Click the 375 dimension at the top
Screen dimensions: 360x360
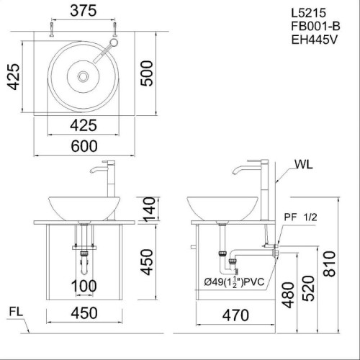click(85, 12)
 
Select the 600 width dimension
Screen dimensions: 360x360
click(85, 145)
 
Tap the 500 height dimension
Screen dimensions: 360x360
click(148, 72)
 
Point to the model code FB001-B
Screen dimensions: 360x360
click(313, 27)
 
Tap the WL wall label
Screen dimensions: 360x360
click(304, 165)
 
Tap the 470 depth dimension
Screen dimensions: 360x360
click(235, 314)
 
